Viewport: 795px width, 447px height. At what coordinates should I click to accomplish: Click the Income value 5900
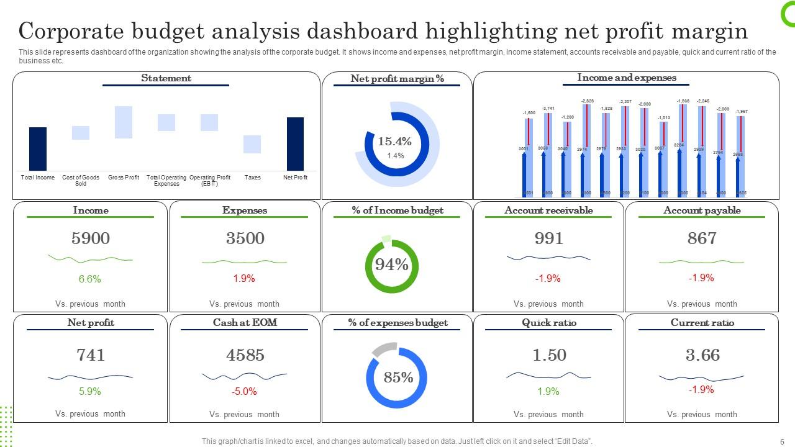pos(91,238)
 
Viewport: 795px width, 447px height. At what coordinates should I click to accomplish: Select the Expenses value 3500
pos(245,238)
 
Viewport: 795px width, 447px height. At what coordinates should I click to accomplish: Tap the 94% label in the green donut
pos(391,265)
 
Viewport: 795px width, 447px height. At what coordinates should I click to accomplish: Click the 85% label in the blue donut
pos(398,377)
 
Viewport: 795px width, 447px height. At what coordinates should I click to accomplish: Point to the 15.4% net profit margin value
pos(395,142)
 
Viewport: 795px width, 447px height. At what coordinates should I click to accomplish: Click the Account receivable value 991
pos(549,238)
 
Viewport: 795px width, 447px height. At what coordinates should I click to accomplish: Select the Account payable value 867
pos(702,238)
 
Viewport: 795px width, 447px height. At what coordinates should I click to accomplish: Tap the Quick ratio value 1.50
pos(549,355)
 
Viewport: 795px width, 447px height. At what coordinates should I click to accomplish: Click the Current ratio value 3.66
pos(702,355)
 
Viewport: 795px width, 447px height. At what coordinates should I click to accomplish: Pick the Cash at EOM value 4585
pos(245,355)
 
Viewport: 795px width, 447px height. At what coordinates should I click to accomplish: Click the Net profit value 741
pos(91,355)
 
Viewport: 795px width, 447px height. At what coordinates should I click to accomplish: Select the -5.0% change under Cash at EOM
pos(244,392)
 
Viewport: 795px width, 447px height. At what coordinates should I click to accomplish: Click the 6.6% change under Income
pos(90,279)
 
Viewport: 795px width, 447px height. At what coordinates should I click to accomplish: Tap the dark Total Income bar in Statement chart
pos(38,149)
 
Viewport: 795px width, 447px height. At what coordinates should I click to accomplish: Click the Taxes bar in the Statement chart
pos(252,144)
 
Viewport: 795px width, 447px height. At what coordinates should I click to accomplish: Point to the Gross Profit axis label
pos(124,178)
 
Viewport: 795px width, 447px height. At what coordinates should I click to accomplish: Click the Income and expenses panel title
pos(627,78)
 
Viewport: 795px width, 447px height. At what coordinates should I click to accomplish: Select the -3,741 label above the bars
pos(548,109)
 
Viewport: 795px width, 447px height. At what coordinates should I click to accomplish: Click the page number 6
pos(782,441)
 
